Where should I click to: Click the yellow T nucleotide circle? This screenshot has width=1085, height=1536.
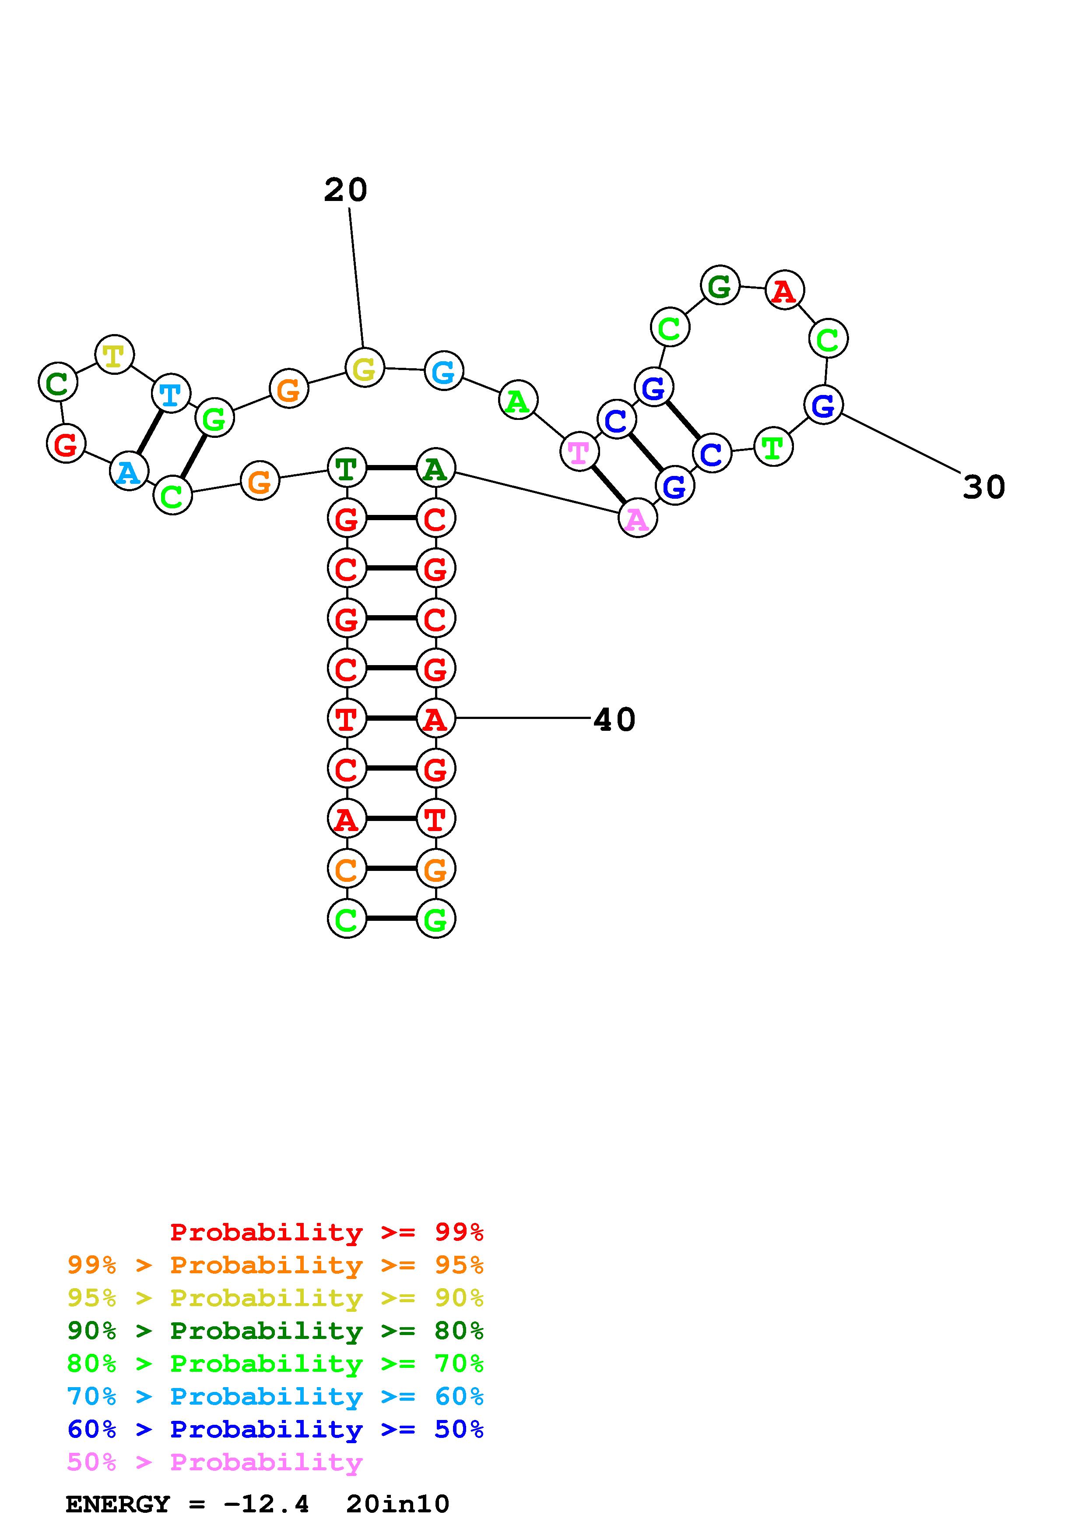pyautogui.click(x=114, y=355)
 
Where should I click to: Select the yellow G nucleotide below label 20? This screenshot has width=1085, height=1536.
pyautogui.click(x=364, y=368)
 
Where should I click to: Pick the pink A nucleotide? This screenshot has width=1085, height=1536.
pyautogui.click(x=637, y=518)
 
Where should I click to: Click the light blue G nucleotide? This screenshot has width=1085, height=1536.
pyautogui.click(x=444, y=370)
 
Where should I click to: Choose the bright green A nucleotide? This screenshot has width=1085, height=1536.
pyautogui.click(x=518, y=401)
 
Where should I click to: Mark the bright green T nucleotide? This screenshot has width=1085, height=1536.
pyautogui.click(x=773, y=447)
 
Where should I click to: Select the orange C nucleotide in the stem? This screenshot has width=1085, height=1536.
pyautogui.click(x=346, y=869)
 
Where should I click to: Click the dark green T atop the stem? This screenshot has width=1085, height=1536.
pyautogui.click(x=346, y=469)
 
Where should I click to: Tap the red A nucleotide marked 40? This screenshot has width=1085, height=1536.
pyautogui.click(x=435, y=719)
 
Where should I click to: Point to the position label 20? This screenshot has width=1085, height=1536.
pyautogui.click(x=346, y=190)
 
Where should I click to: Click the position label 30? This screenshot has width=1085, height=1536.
pyautogui.click(x=983, y=487)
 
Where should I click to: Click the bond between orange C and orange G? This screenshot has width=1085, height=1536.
pyautogui.click(x=391, y=868)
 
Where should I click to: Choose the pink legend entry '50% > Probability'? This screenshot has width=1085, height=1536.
pyautogui.click(x=214, y=1462)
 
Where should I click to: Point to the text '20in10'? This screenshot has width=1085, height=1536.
pyautogui.click(x=398, y=1504)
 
